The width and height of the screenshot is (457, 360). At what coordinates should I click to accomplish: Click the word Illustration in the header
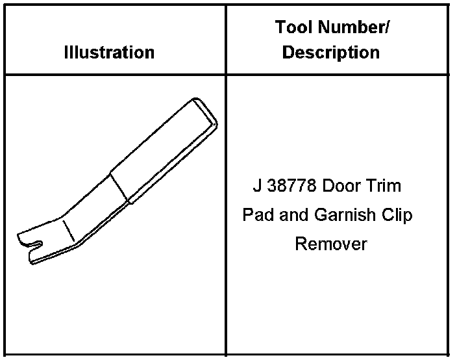pyautogui.click(x=109, y=52)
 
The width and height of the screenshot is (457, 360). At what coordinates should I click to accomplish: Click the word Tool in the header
pyautogui.click(x=295, y=28)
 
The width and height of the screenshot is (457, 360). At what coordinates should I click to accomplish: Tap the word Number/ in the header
pyautogui.click(x=354, y=28)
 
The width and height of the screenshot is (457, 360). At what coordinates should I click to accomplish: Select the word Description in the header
pyautogui.click(x=331, y=52)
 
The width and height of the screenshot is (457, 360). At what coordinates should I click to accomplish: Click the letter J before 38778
pyautogui.click(x=257, y=186)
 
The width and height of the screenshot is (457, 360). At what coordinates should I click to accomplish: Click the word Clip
pyautogui.click(x=396, y=215)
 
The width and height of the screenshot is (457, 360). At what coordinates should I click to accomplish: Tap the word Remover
pyautogui.click(x=331, y=244)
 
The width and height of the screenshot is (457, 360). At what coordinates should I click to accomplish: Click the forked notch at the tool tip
pyautogui.click(x=37, y=244)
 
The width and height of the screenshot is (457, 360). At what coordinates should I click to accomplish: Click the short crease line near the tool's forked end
pyautogui.click(x=68, y=230)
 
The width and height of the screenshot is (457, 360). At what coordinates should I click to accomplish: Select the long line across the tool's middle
pyautogui.click(x=121, y=188)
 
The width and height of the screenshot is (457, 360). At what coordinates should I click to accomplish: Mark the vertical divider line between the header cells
pyautogui.click(x=226, y=39)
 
